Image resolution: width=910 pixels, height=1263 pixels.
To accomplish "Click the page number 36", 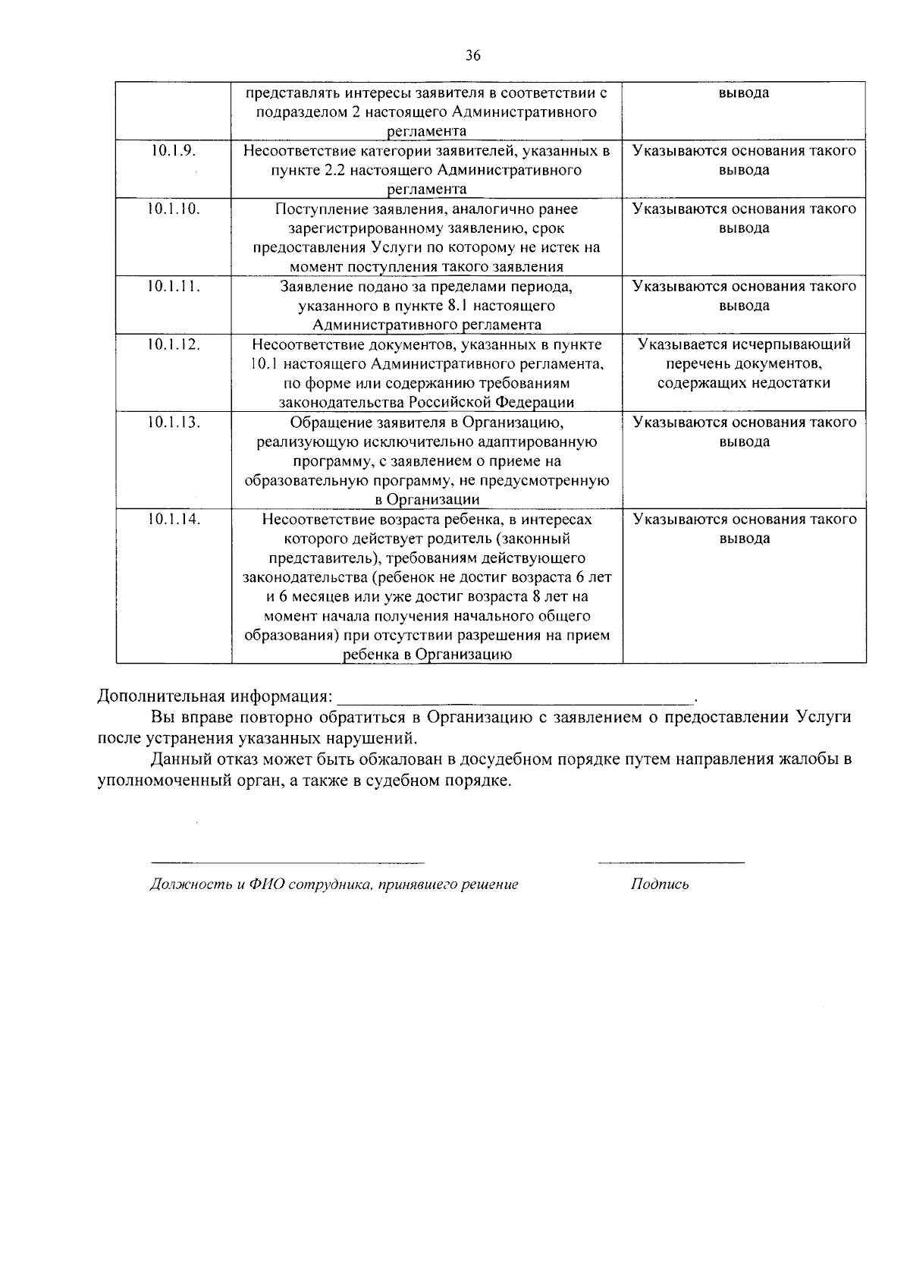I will [472, 55].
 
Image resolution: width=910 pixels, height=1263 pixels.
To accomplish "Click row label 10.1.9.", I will [174, 150].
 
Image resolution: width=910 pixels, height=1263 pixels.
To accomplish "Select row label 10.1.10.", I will [174, 209].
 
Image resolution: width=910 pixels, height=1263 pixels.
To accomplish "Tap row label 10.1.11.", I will [174, 286].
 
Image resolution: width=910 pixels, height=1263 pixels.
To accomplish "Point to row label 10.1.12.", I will [174, 344].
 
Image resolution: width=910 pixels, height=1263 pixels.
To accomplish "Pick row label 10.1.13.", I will [174, 422].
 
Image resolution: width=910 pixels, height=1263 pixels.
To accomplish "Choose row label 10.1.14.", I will [174, 519].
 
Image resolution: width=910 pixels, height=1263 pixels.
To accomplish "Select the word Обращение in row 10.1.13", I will [327, 423].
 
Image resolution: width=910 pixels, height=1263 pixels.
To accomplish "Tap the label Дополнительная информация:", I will [215, 696].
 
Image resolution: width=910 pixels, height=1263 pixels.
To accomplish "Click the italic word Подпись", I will [660, 884].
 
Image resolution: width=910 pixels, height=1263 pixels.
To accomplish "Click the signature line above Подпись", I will [671, 862].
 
